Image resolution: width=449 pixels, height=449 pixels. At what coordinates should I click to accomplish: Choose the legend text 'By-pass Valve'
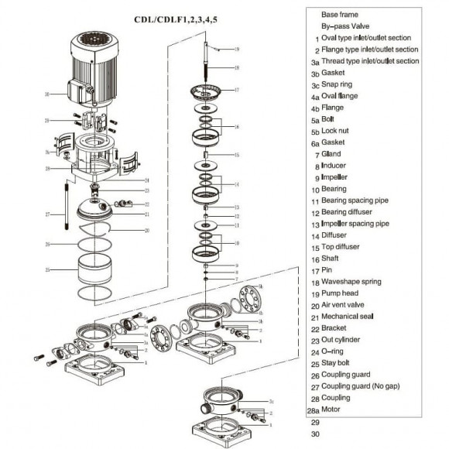(x=345, y=26)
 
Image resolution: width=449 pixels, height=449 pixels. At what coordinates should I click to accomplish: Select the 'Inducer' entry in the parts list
(x=335, y=166)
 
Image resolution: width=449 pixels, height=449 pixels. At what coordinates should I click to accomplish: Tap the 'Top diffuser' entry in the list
(x=344, y=246)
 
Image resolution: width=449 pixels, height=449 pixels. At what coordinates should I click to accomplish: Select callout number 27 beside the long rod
(x=47, y=214)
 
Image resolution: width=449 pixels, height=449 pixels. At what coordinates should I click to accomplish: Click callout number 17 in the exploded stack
(x=237, y=90)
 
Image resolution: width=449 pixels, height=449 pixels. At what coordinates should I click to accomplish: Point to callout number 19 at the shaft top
(x=237, y=49)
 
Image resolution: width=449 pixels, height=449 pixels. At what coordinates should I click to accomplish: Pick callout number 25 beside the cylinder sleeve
(x=47, y=270)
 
